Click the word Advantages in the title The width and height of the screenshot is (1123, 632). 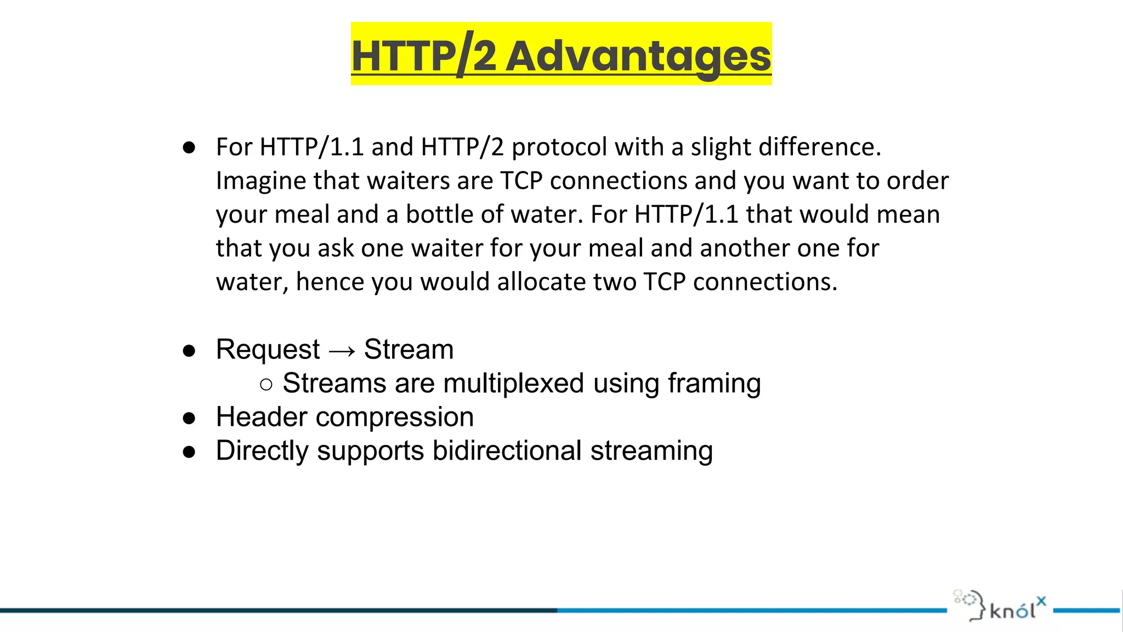638,57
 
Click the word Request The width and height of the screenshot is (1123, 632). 268,349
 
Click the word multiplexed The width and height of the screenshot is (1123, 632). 513,383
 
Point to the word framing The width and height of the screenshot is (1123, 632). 714,384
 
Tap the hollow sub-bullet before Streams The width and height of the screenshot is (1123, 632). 266,385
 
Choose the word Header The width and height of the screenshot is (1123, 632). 262,417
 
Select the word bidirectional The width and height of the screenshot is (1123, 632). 507,451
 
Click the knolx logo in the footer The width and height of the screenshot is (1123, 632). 1000,606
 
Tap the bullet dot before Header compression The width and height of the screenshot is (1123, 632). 189,419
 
